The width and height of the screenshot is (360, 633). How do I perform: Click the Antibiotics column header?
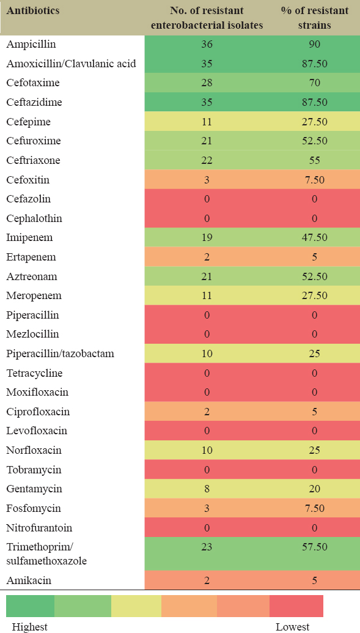33,10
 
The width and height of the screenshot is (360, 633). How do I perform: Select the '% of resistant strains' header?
314,18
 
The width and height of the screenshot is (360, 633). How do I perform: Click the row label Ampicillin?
31,45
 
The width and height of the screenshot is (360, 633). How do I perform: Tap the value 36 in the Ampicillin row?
207,44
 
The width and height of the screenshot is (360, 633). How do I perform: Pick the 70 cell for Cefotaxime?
314,83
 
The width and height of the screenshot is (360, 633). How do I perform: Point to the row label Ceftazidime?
34,102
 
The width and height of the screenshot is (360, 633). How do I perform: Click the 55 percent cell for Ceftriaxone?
314,160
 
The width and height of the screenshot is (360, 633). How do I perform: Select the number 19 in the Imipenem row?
207,238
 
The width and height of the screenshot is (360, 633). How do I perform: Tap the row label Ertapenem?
31,257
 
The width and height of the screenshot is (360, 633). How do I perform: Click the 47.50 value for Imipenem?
314,238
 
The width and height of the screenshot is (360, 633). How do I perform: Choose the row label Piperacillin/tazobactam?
60,354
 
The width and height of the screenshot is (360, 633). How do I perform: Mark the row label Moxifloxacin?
37,393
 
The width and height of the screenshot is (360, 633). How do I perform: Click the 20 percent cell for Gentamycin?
314,489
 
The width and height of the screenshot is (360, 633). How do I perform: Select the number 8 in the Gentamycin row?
207,489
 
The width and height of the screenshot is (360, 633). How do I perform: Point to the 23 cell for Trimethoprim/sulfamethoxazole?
207,547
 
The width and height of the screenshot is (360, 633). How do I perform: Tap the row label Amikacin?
29,581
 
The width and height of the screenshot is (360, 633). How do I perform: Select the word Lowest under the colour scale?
293,627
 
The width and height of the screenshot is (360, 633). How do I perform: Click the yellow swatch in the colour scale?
136,606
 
